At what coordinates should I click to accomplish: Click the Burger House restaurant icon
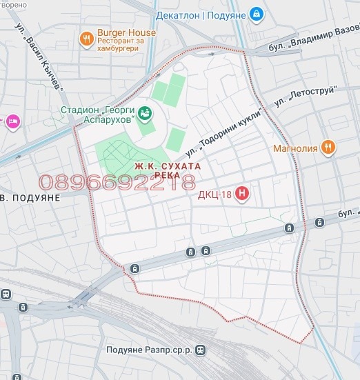pyautogui.click(x=87, y=39)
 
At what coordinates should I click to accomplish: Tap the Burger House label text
pyautogui.click(x=126, y=32)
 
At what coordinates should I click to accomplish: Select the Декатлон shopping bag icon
pyautogui.click(x=256, y=13)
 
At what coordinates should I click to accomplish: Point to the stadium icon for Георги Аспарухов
pyautogui.click(x=146, y=112)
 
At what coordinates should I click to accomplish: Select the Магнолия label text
pyautogui.click(x=294, y=148)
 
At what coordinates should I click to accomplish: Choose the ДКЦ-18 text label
pyautogui.click(x=214, y=194)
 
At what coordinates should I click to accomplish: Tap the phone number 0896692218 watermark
pyautogui.click(x=117, y=183)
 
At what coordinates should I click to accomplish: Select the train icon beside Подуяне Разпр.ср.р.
pyautogui.click(x=201, y=350)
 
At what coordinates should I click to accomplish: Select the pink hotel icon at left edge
pyautogui.click(x=13, y=122)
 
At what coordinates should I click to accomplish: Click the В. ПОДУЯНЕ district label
pyautogui.click(x=30, y=197)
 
